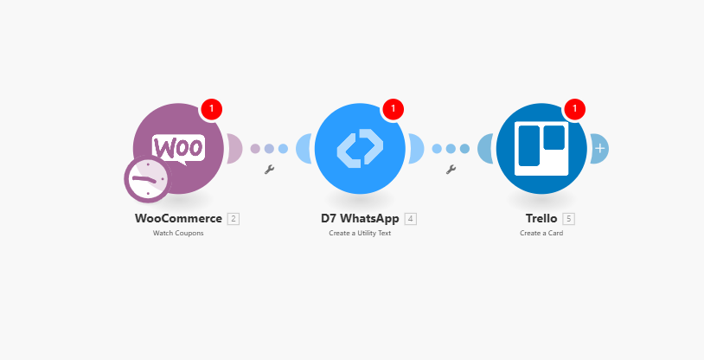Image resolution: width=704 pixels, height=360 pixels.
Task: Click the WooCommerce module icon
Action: click(x=178, y=148)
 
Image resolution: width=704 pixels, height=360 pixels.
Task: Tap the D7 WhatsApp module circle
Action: click(x=360, y=148)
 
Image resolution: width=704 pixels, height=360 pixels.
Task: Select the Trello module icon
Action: click(x=541, y=148)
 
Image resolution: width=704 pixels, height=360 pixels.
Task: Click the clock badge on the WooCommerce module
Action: click(x=148, y=179)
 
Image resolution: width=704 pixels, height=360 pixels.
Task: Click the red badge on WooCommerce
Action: click(x=212, y=109)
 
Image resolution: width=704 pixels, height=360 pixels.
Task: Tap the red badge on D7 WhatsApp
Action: click(x=394, y=109)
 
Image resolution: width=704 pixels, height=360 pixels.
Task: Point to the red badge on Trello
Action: click(x=574, y=109)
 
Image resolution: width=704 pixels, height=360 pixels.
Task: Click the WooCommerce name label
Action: click(x=178, y=218)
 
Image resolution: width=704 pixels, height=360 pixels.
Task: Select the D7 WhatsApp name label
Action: click(x=360, y=218)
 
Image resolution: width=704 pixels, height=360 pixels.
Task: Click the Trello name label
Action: click(x=541, y=218)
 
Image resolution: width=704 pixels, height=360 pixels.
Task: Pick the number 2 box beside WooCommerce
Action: click(x=234, y=219)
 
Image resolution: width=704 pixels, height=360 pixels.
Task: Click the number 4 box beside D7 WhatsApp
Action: click(x=410, y=219)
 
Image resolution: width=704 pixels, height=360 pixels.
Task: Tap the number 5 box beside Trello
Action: click(x=569, y=219)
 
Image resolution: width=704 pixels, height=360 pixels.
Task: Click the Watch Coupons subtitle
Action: click(x=178, y=233)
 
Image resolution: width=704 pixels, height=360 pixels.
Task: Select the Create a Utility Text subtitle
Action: click(x=360, y=233)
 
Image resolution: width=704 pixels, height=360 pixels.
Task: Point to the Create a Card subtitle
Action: click(x=541, y=233)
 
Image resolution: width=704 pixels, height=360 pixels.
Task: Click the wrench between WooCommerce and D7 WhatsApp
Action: click(x=269, y=170)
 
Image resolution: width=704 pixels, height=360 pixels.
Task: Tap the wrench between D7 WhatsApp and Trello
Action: click(x=451, y=170)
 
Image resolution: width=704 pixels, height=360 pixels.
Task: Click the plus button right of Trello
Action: click(x=600, y=148)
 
